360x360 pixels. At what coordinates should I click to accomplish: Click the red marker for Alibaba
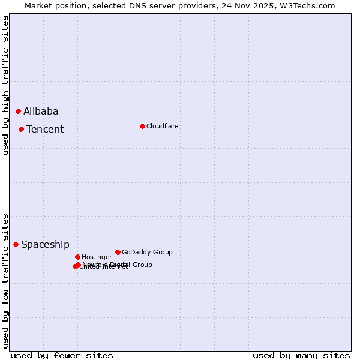click(18, 111)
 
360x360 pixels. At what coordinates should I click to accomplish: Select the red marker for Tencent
click(21, 129)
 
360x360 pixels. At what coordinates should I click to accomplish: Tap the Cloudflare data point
click(142, 126)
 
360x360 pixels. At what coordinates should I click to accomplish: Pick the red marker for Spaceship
click(16, 244)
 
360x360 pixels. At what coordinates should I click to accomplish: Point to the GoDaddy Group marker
click(118, 252)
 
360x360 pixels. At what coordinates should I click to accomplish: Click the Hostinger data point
click(77, 257)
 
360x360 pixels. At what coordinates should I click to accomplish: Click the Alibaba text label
click(41, 111)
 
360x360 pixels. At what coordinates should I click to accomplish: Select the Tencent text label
click(45, 129)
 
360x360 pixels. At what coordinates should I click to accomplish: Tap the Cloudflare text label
click(163, 126)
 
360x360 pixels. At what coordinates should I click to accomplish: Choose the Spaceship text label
click(45, 244)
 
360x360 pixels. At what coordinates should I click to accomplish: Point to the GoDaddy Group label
click(147, 252)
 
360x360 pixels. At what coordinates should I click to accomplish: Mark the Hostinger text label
click(97, 257)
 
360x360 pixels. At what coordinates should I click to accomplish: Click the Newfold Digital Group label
click(118, 264)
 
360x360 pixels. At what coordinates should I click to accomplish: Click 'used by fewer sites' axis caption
click(62, 355)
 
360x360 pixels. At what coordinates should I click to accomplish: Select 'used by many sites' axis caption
click(301, 355)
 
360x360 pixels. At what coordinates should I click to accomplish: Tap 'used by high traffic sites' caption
click(5, 85)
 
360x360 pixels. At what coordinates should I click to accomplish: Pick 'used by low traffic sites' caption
click(5, 280)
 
